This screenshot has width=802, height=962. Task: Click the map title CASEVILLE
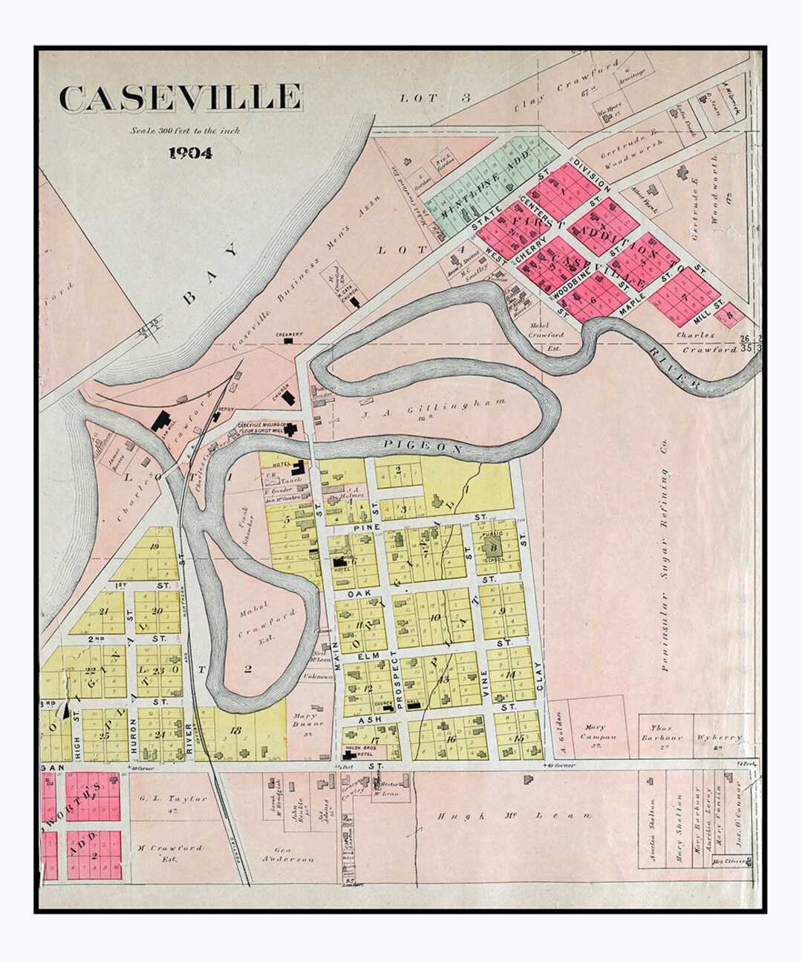point(180,99)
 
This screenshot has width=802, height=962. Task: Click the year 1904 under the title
point(190,154)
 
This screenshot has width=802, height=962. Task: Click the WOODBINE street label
point(573,293)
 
